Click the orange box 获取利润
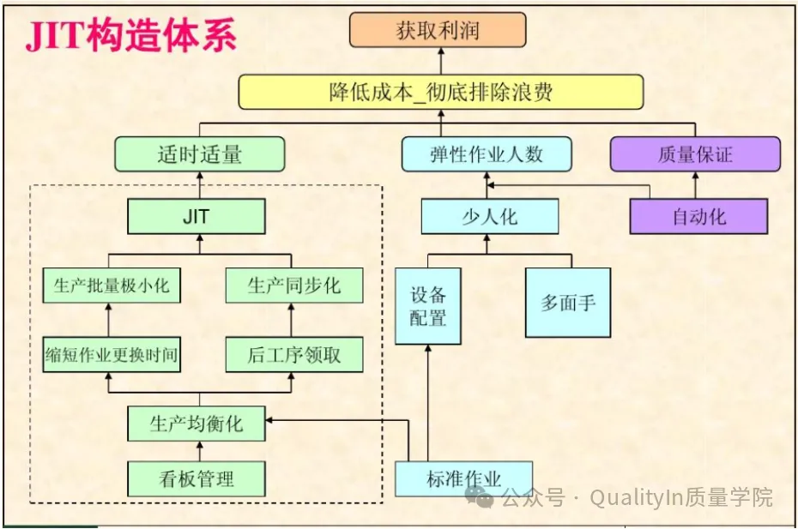[437, 31]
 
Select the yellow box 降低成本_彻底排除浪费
[441, 92]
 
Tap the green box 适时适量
[200, 154]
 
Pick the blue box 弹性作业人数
[487, 154]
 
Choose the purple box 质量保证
[695, 154]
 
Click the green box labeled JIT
[196, 216]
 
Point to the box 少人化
[489, 216]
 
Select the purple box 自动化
[698, 216]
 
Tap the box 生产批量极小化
[112, 286]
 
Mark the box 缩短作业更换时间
[112, 354]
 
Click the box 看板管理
[196, 478]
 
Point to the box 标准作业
[463, 478]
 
